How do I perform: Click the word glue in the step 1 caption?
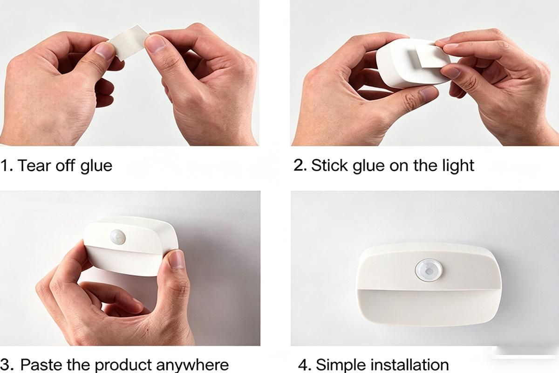click(x=96, y=166)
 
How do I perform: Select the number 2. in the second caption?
click(x=300, y=165)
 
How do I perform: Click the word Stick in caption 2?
click(x=329, y=165)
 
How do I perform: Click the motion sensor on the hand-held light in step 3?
click(x=117, y=236)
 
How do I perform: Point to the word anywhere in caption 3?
click(x=192, y=366)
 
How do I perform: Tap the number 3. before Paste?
click(x=7, y=365)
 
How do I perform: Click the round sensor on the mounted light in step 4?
click(x=429, y=270)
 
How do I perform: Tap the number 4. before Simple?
click(x=305, y=365)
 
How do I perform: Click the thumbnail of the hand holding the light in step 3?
click(x=177, y=259)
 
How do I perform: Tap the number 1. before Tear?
click(x=7, y=166)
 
